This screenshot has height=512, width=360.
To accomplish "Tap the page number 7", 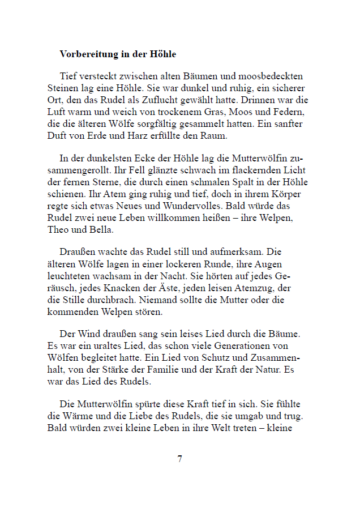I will [x=179, y=459].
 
